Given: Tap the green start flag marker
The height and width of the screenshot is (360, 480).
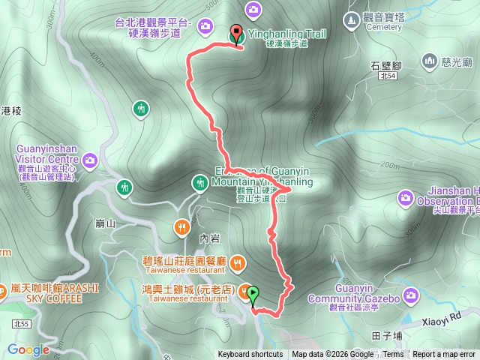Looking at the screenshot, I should pos(253,295).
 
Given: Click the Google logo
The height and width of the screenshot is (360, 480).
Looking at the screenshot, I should pos(28,349).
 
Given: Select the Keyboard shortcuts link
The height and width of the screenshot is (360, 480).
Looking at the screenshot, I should pos(250,355).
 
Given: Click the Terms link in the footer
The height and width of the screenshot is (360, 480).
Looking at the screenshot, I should pos(393,355).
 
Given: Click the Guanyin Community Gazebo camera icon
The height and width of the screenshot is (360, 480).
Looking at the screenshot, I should pos(410,295).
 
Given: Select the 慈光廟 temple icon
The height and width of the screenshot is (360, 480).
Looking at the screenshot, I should pos(430,60).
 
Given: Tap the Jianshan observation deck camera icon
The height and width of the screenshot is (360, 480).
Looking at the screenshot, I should pos(406,198).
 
